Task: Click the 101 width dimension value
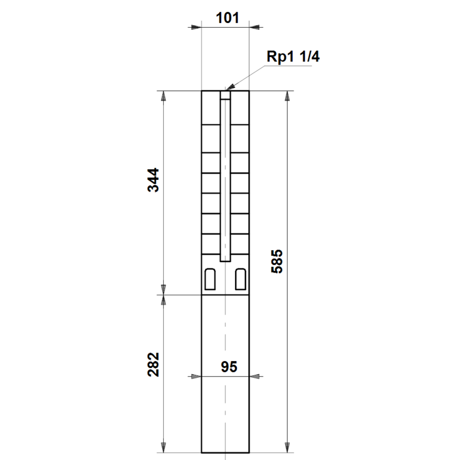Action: [227, 18]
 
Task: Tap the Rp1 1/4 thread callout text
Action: [293, 56]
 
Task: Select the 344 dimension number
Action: [153, 180]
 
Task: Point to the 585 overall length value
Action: [277, 262]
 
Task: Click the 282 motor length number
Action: [153, 365]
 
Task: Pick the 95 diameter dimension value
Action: [229, 367]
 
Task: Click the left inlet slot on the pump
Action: [210, 279]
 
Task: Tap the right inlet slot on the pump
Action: [240, 279]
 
